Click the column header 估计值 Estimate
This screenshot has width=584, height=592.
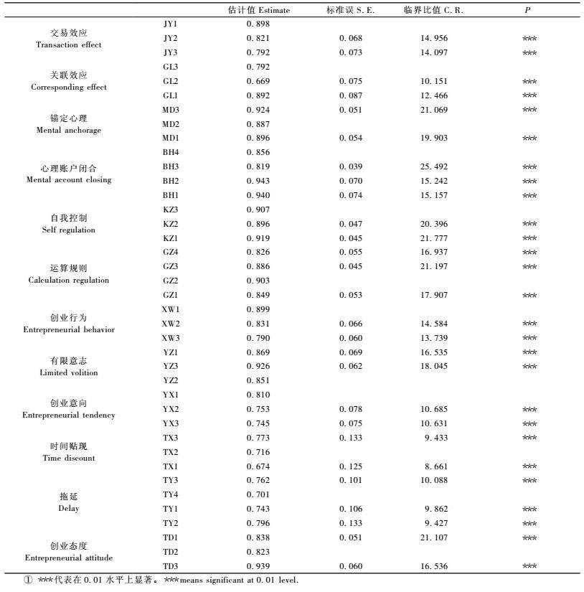258,10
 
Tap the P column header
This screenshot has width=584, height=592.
528,10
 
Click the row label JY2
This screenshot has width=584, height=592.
170,38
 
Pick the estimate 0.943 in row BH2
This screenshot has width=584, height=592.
258,181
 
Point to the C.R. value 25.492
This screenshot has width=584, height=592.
434,166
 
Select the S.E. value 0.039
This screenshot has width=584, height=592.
351,166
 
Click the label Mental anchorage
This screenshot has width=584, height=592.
69,131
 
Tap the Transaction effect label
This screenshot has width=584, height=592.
69,45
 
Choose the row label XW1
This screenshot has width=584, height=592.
171,309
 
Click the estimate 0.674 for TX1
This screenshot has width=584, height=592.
258,466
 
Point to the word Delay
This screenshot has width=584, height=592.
69,509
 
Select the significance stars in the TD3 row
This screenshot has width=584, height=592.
529,567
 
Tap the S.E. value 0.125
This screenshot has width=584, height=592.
351,466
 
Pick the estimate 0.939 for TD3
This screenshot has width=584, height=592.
258,567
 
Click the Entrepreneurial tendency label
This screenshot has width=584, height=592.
69,415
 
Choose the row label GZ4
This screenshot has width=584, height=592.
170,253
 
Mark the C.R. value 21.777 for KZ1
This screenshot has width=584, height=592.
434,238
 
